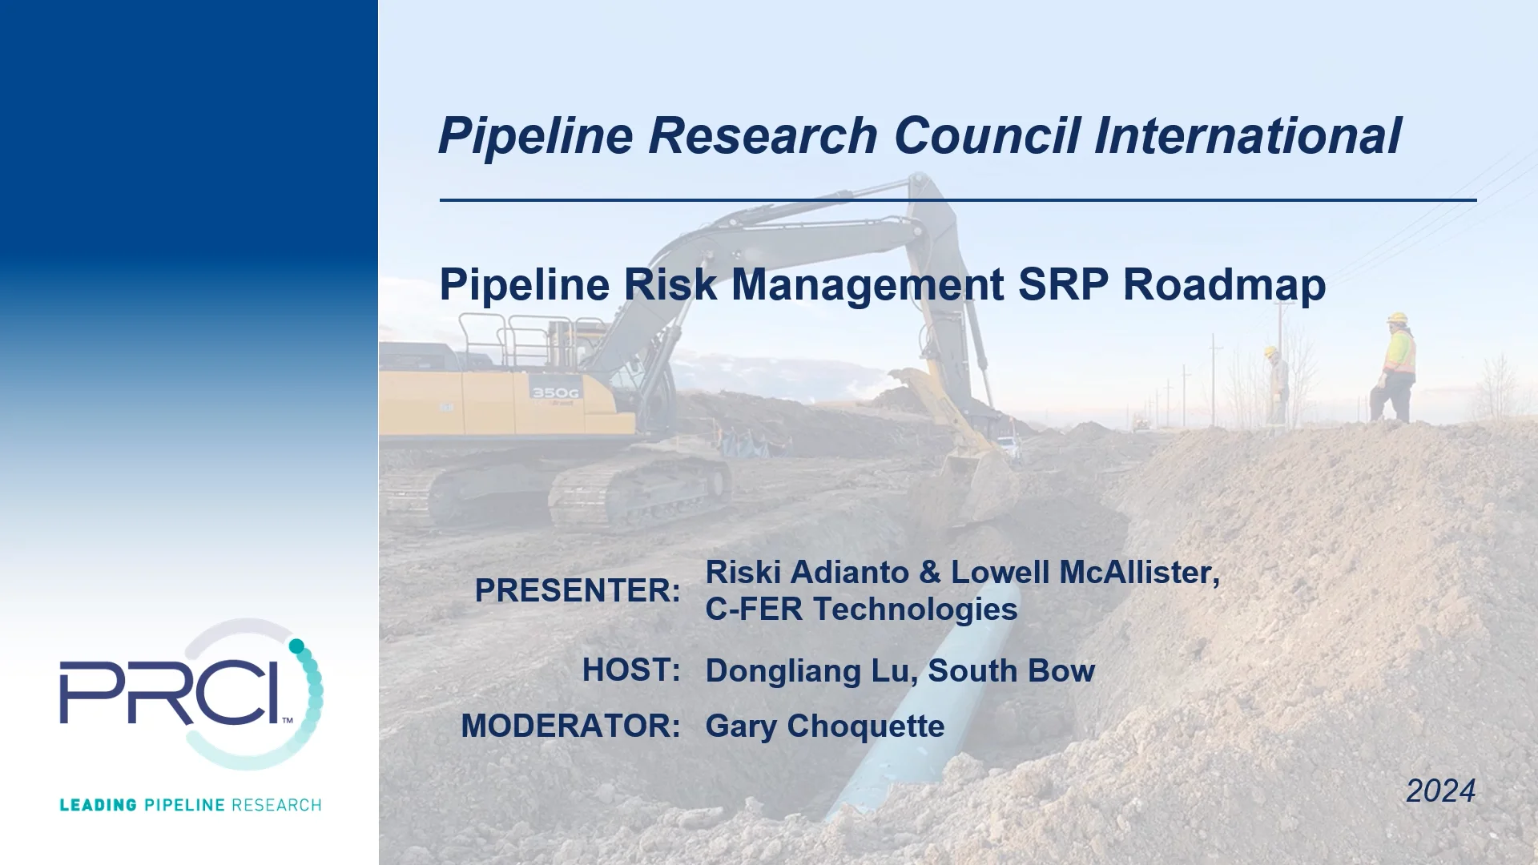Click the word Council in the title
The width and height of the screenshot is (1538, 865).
(x=986, y=135)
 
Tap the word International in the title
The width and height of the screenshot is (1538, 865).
(x=1247, y=135)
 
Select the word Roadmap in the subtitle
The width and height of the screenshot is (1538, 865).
(x=1224, y=284)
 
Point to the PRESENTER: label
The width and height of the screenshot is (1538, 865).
(x=578, y=590)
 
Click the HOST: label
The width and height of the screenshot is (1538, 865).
(x=631, y=670)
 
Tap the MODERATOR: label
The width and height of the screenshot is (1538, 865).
(x=570, y=726)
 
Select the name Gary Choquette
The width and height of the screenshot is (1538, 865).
(x=824, y=726)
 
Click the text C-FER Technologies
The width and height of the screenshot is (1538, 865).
(x=861, y=610)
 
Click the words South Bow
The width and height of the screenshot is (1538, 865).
(x=1011, y=670)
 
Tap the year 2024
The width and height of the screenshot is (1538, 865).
(x=1439, y=791)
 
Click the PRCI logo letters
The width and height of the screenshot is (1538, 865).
(x=172, y=692)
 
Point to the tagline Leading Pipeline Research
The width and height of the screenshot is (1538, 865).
(x=190, y=805)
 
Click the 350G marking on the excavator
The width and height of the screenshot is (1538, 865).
(x=554, y=392)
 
